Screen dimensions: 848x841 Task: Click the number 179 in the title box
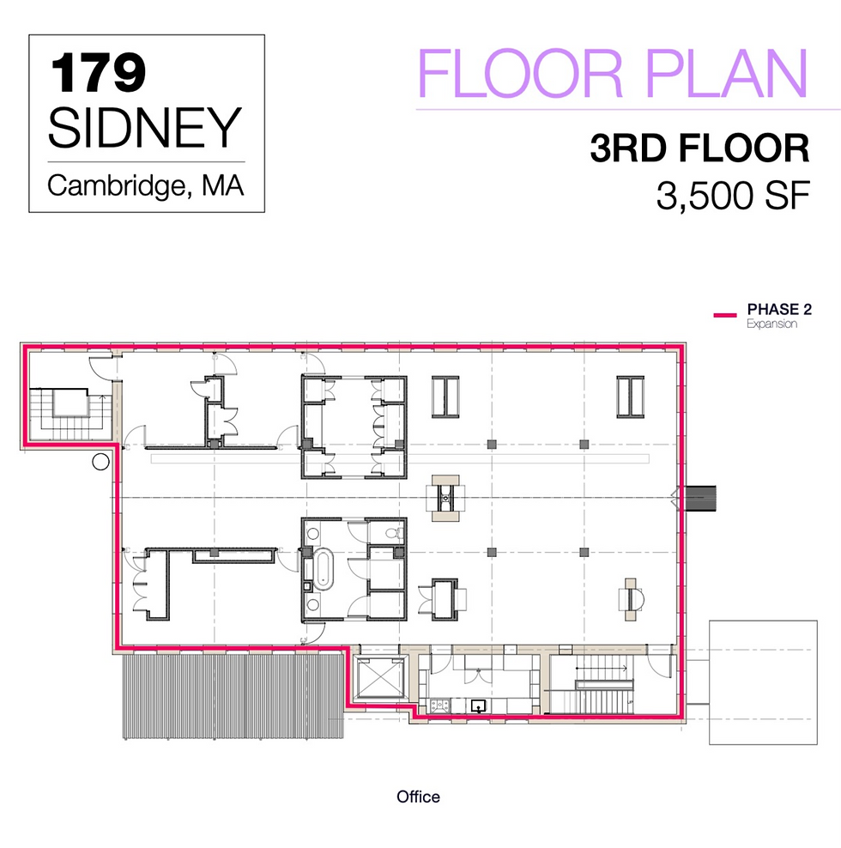pyautogui.click(x=97, y=72)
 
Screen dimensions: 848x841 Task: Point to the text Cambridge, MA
pyautogui.click(x=145, y=185)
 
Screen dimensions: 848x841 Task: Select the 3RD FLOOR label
pyautogui.click(x=699, y=148)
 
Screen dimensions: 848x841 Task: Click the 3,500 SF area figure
pyautogui.click(x=733, y=197)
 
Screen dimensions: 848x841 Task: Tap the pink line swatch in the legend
pyautogui.click(x=725, y=315)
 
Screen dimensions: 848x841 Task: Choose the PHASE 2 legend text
pyautogui.click(x=778, y=309)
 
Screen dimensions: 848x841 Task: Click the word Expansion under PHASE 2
pyautogui.click(x=771, y=324)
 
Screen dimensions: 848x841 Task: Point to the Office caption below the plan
pyautogui.click(x=418, y=797)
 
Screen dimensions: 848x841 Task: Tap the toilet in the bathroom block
pyautogui.click(x=392, y=534)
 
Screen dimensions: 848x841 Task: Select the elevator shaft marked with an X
pyautogui.click(x=379, y=679)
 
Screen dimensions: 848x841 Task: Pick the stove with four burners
pyautogui.click(x=439, y=706)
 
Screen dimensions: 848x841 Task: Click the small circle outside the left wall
pyautogui.click(x=100, y=462)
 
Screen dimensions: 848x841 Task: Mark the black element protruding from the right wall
pyautogui.click(x=704, y=497)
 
